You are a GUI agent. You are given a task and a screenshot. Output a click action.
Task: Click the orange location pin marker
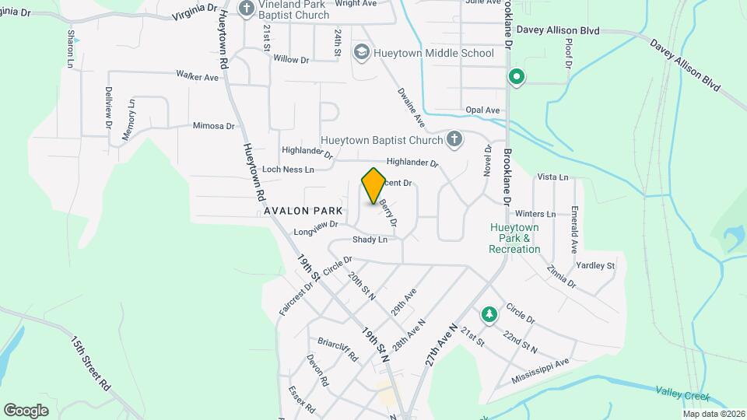(373, 185)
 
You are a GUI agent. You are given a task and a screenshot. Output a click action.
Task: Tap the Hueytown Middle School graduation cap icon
(361, 53)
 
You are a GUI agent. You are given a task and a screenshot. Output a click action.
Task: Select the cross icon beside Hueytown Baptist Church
(455, 139)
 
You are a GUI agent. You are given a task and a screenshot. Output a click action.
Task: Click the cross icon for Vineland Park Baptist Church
(247, 9)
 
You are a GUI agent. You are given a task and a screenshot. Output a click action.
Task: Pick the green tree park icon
(489, 314)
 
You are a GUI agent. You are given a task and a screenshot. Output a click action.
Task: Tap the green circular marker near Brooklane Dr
(515, 77)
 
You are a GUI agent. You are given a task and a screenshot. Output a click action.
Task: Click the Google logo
(26, 410)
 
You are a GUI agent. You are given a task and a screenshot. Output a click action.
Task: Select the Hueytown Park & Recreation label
(514, 238)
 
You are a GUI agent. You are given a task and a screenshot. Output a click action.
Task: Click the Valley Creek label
(682, 395)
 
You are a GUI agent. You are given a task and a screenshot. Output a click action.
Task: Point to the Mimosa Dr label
(213, 126)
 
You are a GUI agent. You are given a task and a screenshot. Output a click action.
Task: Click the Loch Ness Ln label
(288, 169)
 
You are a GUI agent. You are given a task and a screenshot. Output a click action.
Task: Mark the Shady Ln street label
(370, 240)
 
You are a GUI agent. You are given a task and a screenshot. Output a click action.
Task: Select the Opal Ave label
(482, 110)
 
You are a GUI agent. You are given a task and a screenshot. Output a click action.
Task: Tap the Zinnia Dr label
(561, 278)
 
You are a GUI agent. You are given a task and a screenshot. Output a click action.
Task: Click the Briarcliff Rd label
(337, 349)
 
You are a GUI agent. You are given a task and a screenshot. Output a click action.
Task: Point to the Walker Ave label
(195, 75)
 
